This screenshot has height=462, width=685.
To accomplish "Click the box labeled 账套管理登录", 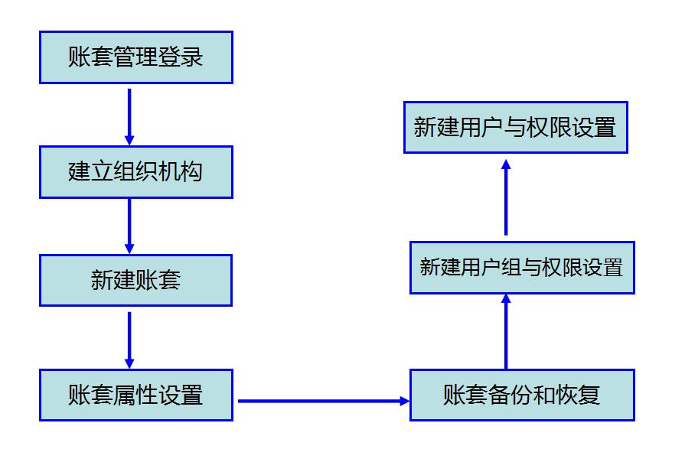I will click(x=135, y=57).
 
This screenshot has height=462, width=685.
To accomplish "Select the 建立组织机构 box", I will click(x=135, y=172).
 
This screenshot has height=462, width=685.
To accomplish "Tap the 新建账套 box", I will click(x=135, y=280).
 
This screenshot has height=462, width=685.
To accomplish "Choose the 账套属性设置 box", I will click(x=135, y=395).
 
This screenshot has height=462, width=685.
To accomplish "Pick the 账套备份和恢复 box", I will click(x=522, y=395).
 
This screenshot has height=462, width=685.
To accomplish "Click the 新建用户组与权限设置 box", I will click(x=522, y=268).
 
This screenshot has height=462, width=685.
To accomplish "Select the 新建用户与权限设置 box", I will click(x=515, y=127).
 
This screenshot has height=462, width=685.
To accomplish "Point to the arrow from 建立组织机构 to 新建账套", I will click(x=129, y=226).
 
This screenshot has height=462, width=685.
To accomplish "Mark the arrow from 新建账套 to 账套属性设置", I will click(x=129, y=340).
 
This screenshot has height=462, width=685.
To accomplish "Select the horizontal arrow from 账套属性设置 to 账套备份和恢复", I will click(x=321, y=400).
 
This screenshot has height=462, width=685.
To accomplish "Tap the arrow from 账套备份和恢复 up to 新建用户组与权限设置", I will click(x=506, y=332).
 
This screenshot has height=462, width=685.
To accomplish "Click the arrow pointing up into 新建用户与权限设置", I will click(x=506, y=197).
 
